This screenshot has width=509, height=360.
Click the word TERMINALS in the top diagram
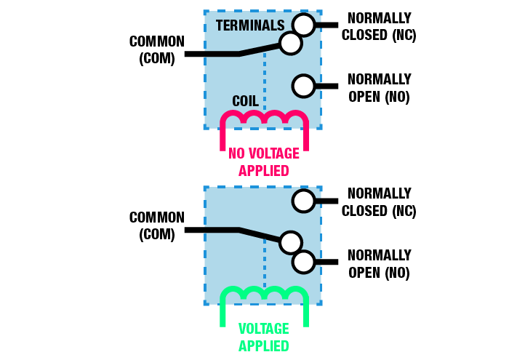(x=250, y=25)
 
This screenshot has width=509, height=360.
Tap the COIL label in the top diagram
(x=246, y=100)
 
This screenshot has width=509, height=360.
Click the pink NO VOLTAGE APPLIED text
(x=264, y=162)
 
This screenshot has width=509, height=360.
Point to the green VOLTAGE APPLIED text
(x=264, y=337)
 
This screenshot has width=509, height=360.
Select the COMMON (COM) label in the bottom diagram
(x=157, y=225)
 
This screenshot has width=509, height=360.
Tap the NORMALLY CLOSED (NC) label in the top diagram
(x=380, y=26)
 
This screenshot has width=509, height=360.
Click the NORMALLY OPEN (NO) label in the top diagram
(x=380, y=87)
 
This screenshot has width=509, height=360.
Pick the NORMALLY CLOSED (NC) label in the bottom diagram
(x=380, y=202)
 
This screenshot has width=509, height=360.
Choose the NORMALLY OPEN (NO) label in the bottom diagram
(x=380, y=264)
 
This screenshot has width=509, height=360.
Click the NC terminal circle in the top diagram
(x=303, y=25)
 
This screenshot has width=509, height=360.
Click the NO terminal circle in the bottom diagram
(x=303, y=261)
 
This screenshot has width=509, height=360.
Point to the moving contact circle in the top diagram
(x=290, y=44)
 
